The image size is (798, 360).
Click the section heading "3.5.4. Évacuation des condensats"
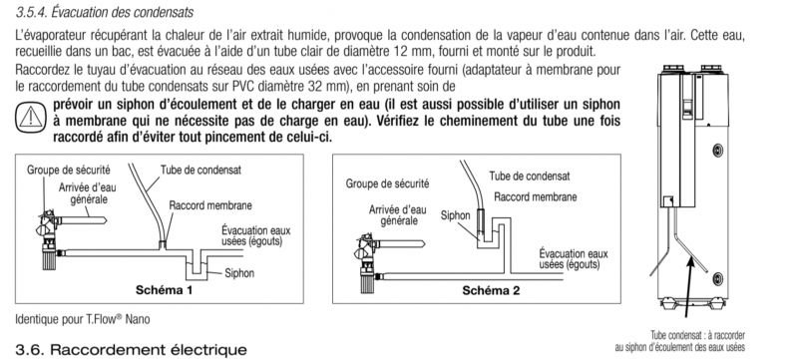point(105,12)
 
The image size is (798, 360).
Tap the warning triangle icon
point(31,118)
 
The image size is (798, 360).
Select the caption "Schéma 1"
point(164,290)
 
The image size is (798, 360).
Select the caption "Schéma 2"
point(491,291)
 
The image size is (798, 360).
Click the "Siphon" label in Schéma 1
point(239,273)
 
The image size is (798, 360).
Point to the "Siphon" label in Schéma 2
point(456,215)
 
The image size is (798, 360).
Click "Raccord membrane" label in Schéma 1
point(210,206)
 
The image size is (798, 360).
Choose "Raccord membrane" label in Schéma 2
point(536,197)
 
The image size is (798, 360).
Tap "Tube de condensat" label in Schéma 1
point(201,170)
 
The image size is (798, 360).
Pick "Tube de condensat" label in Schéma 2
point(530,177)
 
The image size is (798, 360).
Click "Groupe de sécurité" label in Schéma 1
point(69,170)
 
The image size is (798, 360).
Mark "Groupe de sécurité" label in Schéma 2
point(387,183)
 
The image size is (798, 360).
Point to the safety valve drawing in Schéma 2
point(367,262)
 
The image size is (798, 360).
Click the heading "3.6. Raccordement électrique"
point(132,350)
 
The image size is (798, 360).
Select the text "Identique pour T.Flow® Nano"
point(83,320)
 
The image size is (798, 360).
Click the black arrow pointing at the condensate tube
point(688,287)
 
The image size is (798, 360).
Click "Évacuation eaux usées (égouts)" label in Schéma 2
point(574,259)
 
